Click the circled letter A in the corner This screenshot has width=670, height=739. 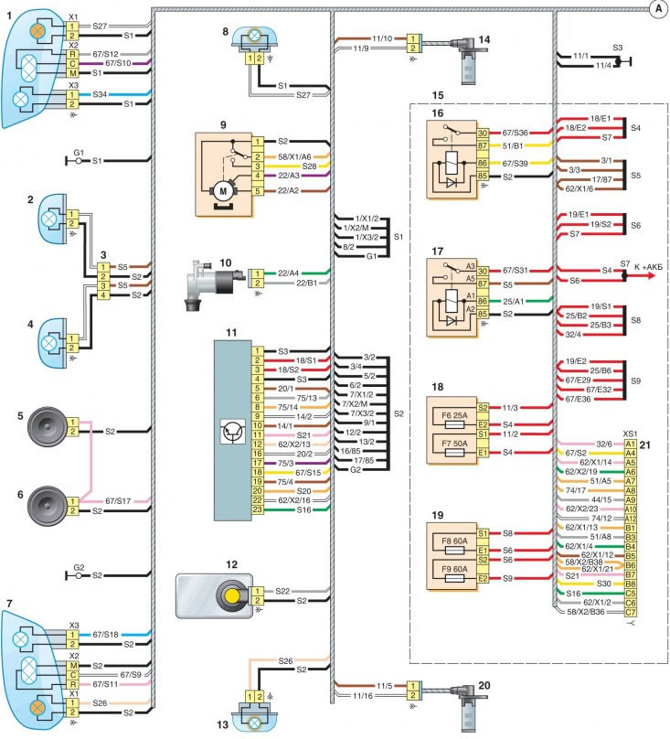pyautogui.click(x=656, y=9)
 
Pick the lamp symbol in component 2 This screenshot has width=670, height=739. pyautogui.click(x=48, y=218)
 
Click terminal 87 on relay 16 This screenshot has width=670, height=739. pyautogui.click(x=483, y=144)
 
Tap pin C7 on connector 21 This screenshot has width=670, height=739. pyautogui.click(x=631, y=612)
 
